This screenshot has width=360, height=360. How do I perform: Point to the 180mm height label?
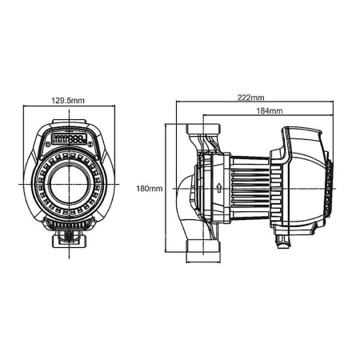tap(150, 189)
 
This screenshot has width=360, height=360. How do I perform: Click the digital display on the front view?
tap(72, 138)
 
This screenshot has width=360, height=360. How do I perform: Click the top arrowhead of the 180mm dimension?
tap(166, 126)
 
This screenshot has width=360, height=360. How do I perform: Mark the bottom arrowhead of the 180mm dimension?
tap(166, 253)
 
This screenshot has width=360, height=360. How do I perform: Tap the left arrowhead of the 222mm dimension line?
tap(178, 102)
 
